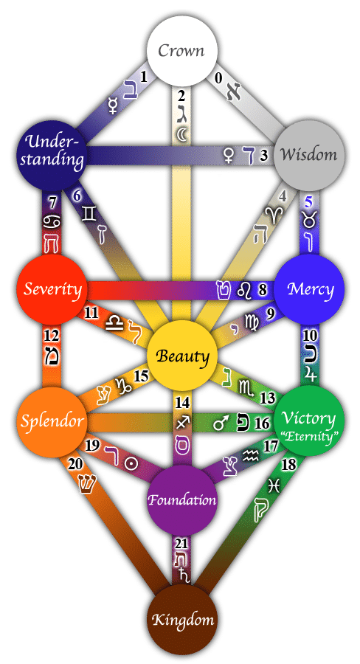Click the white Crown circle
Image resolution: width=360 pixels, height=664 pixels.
[x=182, y=50]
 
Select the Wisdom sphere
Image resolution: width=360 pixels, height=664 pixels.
[x=309, y=155]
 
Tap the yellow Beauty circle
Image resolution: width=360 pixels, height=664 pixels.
[x=182, y=356]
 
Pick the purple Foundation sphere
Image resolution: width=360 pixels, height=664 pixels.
[x=182, y=499]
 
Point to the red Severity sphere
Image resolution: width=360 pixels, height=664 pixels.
[x=52, y=289]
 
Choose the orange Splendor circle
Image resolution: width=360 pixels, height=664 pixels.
[x=52, y=421]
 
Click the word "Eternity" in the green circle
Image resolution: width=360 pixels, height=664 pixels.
[x=309, y=437]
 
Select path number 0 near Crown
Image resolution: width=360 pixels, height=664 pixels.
[x=218, y=78]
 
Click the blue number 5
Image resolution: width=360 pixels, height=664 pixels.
[x=309, y=202]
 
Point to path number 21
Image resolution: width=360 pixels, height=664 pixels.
[x=181, y=543]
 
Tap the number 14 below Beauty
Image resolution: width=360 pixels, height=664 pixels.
[x=182, y=402]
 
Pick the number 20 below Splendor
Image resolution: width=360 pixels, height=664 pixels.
[x=75, y=464]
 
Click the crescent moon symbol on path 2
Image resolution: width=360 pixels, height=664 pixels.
[x=181, y=135]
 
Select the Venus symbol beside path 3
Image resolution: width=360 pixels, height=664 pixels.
[x=229, y=156]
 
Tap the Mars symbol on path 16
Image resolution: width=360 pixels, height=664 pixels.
[x=221, y=423]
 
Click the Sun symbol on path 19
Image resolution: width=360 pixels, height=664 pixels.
[x=131, y=463]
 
